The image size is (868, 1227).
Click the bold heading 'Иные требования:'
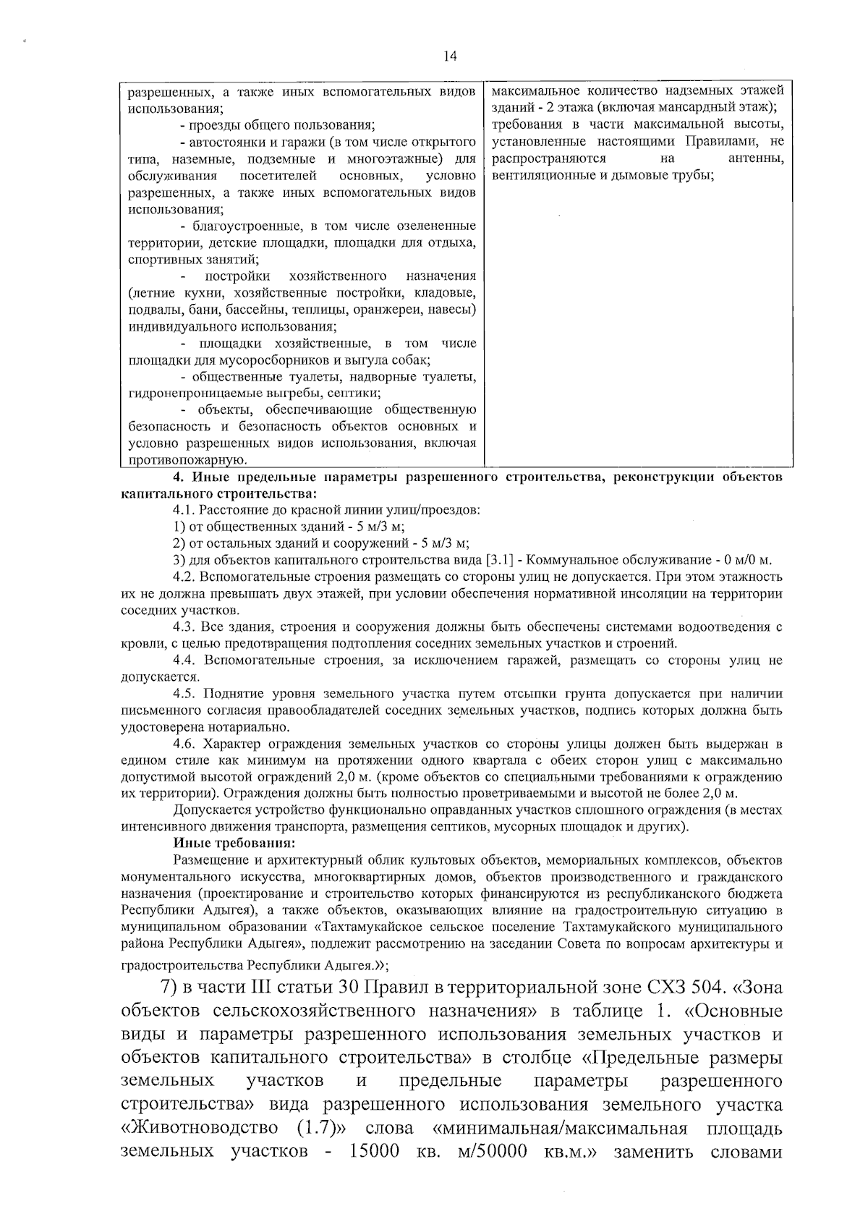coord(223,844)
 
